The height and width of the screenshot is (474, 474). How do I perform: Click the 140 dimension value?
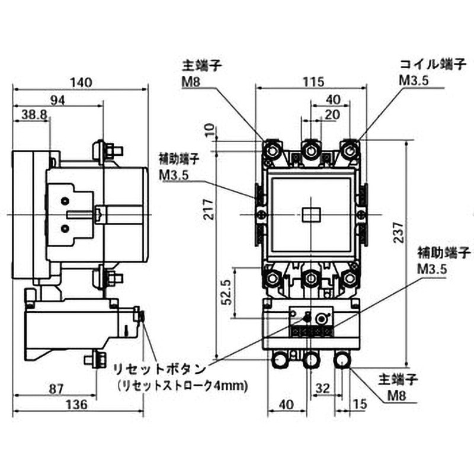click(x=81, y=82)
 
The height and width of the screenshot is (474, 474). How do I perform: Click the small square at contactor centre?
click(x=310, y=214)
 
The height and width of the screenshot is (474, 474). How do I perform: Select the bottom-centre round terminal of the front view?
click(x=310, y=360)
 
